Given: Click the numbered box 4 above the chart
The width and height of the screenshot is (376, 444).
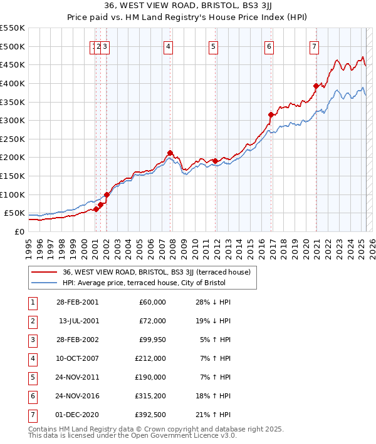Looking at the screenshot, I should click(x=169, y=46).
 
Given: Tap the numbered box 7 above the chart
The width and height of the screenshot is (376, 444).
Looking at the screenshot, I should click(x=313, y=46).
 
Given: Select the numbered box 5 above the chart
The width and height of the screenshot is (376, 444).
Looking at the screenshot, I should click(x=214, y=46).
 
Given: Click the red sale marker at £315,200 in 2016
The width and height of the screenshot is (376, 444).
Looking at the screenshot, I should click(x=271, y=114).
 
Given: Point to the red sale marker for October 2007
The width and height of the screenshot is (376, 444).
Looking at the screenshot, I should click(x=170, y=153).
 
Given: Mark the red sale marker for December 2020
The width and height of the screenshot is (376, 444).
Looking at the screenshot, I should click(x=316, y=86).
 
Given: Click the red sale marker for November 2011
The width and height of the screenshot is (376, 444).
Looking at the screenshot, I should click(x=215, y=161).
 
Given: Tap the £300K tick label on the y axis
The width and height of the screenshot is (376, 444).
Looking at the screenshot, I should click(x=13, y=120).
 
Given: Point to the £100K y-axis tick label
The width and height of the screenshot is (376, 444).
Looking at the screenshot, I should click(x=13, y=194).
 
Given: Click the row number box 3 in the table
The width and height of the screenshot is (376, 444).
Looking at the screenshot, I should click(x=32, y=340).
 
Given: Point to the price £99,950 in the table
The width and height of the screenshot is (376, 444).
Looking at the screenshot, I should click(x=152, y=340).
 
